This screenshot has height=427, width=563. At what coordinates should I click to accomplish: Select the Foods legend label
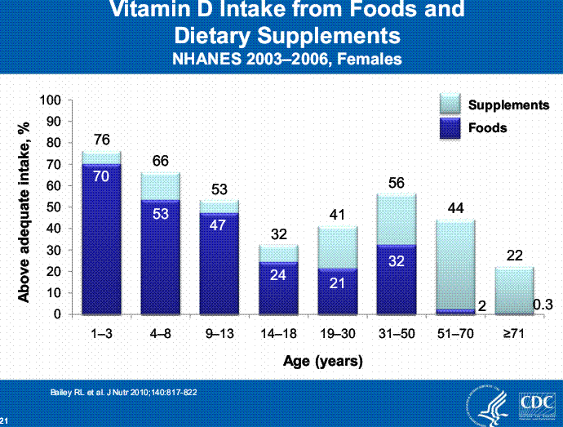488,127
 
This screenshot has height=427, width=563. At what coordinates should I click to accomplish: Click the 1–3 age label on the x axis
101,335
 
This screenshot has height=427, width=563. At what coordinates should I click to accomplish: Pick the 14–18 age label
279,335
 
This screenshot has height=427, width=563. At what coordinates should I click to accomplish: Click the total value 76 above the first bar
102,140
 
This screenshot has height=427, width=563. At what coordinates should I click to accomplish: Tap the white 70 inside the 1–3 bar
101,175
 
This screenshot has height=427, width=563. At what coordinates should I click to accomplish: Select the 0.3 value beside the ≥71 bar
543,305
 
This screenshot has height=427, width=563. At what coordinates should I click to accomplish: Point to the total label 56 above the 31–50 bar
397,183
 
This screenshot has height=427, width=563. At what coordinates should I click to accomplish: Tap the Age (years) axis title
322,360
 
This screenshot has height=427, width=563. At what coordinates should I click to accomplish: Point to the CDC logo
535,404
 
